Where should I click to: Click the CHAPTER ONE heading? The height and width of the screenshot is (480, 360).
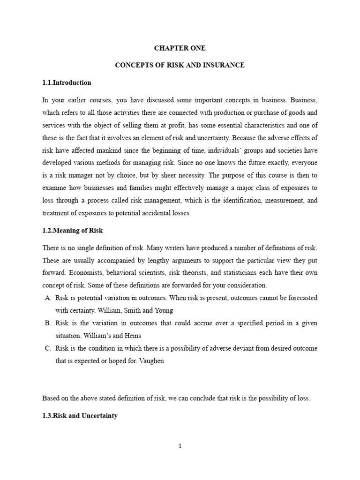180,48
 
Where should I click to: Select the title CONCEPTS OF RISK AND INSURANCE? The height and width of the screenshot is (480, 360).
180,65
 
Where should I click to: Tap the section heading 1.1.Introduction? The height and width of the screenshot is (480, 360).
67,82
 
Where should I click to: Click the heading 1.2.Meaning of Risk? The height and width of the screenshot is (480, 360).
72,231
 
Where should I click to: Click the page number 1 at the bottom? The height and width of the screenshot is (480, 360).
180,446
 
